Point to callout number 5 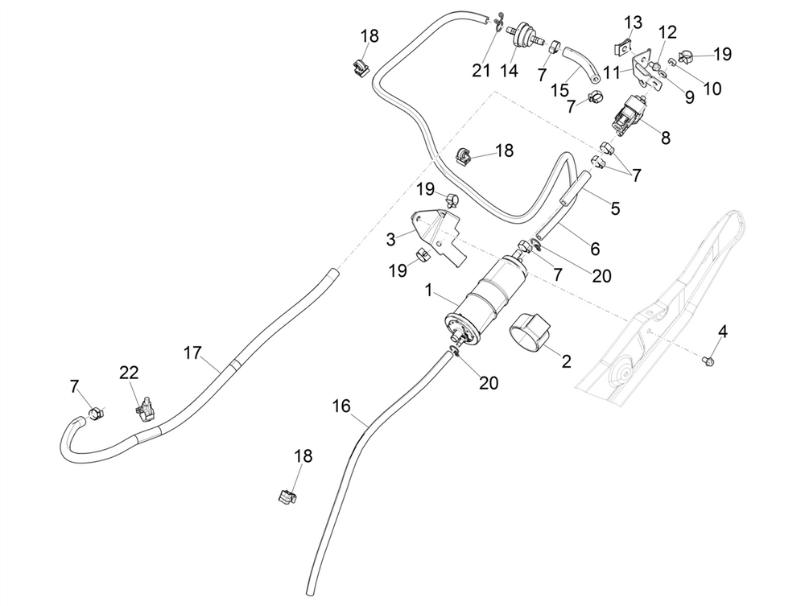(615, 209)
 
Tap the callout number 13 (634, 20)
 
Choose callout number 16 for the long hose (341, 406)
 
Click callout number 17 (192, 352)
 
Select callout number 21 (481, 71)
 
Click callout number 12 (667, 32)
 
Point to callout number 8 (666, 137)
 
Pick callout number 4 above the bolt (722, 332)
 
